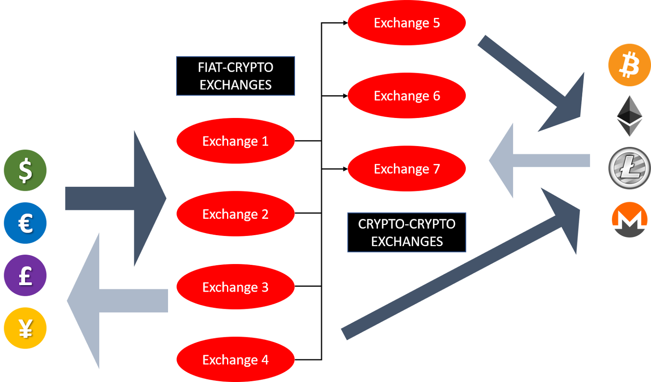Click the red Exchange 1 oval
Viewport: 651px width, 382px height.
click(236, 141)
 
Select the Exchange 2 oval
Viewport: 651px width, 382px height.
click(236, 214)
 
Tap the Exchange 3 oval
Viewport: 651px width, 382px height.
click(236, 287)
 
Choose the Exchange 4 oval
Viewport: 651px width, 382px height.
click(236, 359)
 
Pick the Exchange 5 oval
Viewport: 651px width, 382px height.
click(406, 23)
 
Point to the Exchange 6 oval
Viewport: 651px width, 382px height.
click(406, 96)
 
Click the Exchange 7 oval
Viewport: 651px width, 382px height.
click(406, 168)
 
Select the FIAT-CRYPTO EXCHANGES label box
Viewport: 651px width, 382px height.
click(236, 76)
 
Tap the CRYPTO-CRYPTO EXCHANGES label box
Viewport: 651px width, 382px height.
click(406, 232)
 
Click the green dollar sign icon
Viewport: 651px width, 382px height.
click(25, 170)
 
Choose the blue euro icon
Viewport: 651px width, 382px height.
click(25, 223)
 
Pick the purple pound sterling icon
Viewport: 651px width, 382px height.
click(25, 275)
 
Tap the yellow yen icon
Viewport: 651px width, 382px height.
click(25, 328)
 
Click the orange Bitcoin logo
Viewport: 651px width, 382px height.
click(629, 65)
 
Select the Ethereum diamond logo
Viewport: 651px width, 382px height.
click(629, 116)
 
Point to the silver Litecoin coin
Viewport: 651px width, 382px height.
click(629, 168)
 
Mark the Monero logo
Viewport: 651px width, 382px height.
click(629, 220)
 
